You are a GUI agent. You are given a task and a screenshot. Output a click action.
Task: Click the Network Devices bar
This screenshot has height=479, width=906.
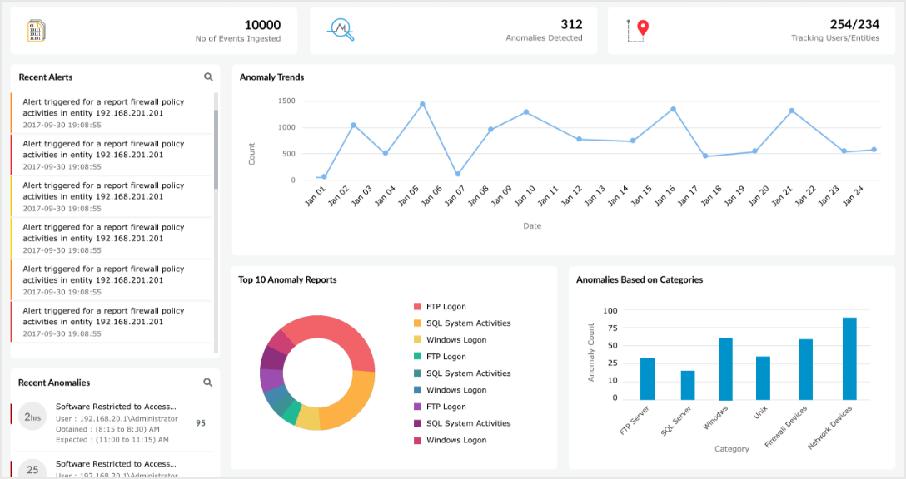click(x=849, y=358)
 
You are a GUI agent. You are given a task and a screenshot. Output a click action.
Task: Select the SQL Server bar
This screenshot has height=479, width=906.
click(x=688, y=384)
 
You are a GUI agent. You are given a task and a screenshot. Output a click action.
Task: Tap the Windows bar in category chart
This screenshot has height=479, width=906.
click(x=725, y=368)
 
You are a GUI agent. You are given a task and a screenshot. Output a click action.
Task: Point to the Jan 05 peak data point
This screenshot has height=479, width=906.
click(x=422, y=104)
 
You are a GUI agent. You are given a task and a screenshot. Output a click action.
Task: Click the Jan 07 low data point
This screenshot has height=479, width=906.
click(x=458, y=174)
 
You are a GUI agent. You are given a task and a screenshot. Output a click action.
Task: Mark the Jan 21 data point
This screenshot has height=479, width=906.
click(x=792, y=111)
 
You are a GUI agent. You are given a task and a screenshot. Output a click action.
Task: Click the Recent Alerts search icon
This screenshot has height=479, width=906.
click(x=208, y=77)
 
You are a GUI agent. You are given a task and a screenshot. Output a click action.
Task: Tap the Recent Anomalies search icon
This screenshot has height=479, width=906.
click(x=208, y=383)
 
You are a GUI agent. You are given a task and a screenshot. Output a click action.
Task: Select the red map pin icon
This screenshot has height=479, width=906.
click(x=642, y=29)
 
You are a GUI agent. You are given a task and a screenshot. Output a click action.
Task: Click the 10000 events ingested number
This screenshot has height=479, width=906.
click(x=262, y=25)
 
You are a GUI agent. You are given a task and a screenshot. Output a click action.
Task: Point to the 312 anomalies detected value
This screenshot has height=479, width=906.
click(x=571, y=25)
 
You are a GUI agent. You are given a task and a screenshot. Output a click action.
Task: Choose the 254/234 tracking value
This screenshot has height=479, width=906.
click(x=854, y=25)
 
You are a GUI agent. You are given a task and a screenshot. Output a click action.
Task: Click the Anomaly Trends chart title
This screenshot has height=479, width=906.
click(x=271, y=77)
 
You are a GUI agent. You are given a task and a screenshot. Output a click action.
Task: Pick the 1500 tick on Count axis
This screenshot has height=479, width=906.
click(x=286, y=101)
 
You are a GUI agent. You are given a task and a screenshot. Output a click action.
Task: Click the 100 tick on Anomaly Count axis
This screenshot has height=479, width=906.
click(x=610, y=310)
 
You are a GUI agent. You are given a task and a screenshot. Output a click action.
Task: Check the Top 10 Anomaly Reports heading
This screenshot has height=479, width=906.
click(x=287, y=280)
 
